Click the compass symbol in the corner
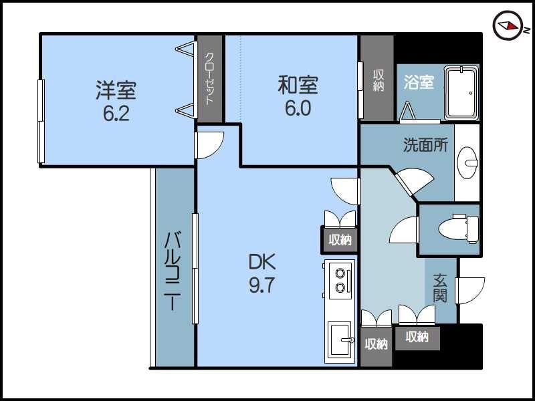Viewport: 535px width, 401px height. coord(508,26)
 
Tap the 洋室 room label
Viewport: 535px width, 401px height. coord(116,89)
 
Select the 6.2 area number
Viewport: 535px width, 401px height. coord(116,112)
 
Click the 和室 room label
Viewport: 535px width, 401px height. coord(298,86)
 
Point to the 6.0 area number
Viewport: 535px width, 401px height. coord(298,108)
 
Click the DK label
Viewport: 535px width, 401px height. coord(262,261)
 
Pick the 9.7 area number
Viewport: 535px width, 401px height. coord(262,285)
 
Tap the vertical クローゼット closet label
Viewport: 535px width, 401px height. coord(209,78)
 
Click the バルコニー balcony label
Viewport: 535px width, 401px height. coord(174,271)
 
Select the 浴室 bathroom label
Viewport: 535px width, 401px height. coord(419,82)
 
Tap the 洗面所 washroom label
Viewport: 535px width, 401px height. coord(425,145)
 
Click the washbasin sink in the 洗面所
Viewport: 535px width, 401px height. coord(468,161)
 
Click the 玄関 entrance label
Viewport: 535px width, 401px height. coord(439,288)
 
